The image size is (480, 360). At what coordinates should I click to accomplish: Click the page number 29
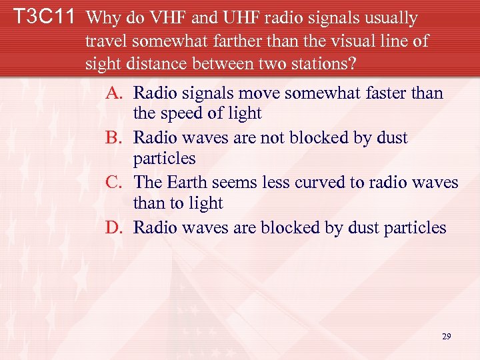pos(447,337)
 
